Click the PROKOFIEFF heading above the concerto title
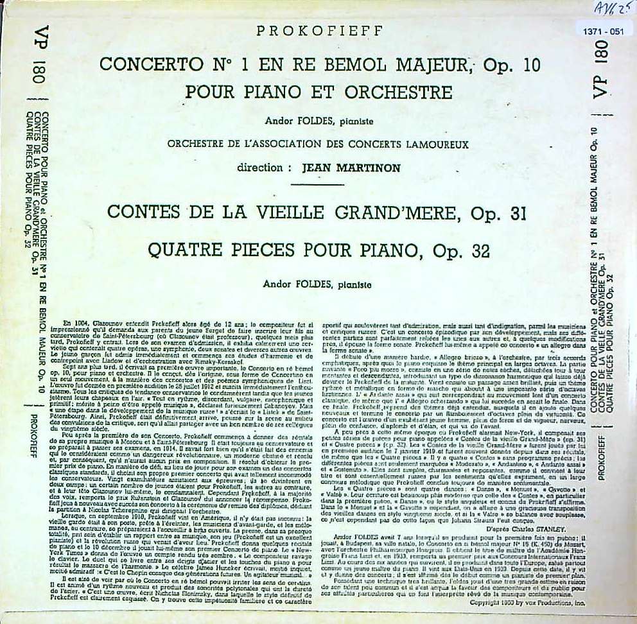tap(319, 31)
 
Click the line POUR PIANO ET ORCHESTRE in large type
tap(318, 92)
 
